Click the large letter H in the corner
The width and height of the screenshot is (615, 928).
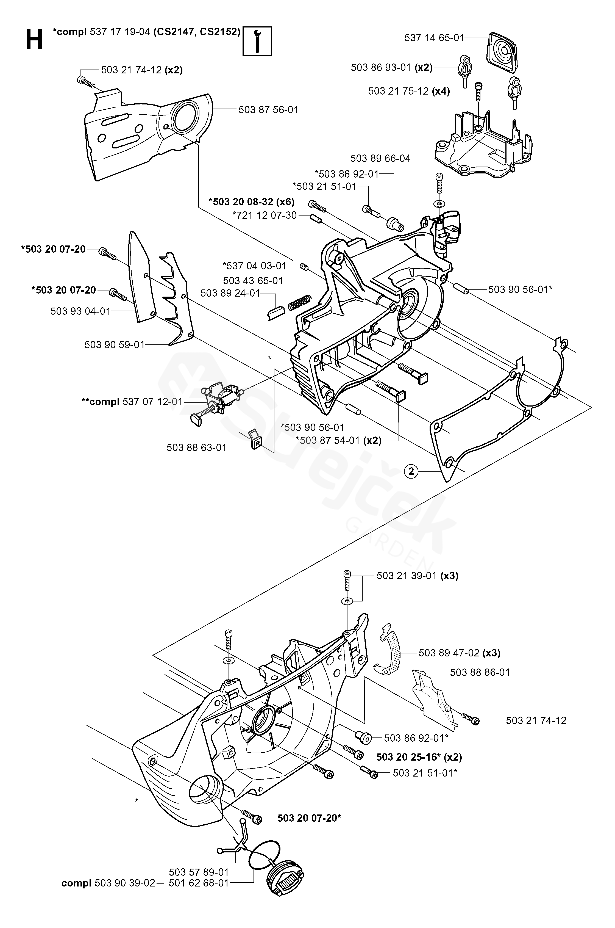pos(34,40)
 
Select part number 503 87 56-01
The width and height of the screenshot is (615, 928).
pos(269,110)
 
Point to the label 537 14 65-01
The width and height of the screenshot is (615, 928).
pos(434,38)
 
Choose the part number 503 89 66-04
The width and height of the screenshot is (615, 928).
pos(380,159)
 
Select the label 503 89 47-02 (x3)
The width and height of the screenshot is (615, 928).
pos(459,653)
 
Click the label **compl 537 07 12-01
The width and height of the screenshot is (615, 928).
pos(132,402)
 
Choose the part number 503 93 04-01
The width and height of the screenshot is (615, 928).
pos(80,311)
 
